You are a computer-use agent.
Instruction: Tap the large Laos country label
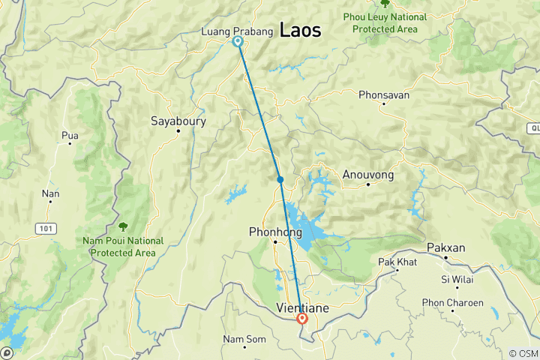tap(300, 30)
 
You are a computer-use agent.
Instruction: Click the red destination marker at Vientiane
tap(302, 318)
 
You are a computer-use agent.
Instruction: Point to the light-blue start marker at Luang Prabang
tap(238, 42)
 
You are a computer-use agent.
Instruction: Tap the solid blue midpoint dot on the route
tap(280, 179)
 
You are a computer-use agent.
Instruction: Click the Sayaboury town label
tap(178, 120)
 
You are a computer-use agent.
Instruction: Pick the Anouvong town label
tap(367, 174)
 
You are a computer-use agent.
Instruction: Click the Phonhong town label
tap(275, 232)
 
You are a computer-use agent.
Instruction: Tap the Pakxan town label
tap(447, 247)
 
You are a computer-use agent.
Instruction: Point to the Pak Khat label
tap(397, 262)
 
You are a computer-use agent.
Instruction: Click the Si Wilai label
tap(455, 279)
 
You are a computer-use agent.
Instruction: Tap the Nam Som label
tap(244, 339)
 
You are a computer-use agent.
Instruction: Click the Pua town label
tap(70, 136)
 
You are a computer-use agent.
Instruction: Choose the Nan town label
tap(51, 193)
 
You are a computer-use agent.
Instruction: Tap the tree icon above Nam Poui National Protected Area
tap(123, 226)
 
